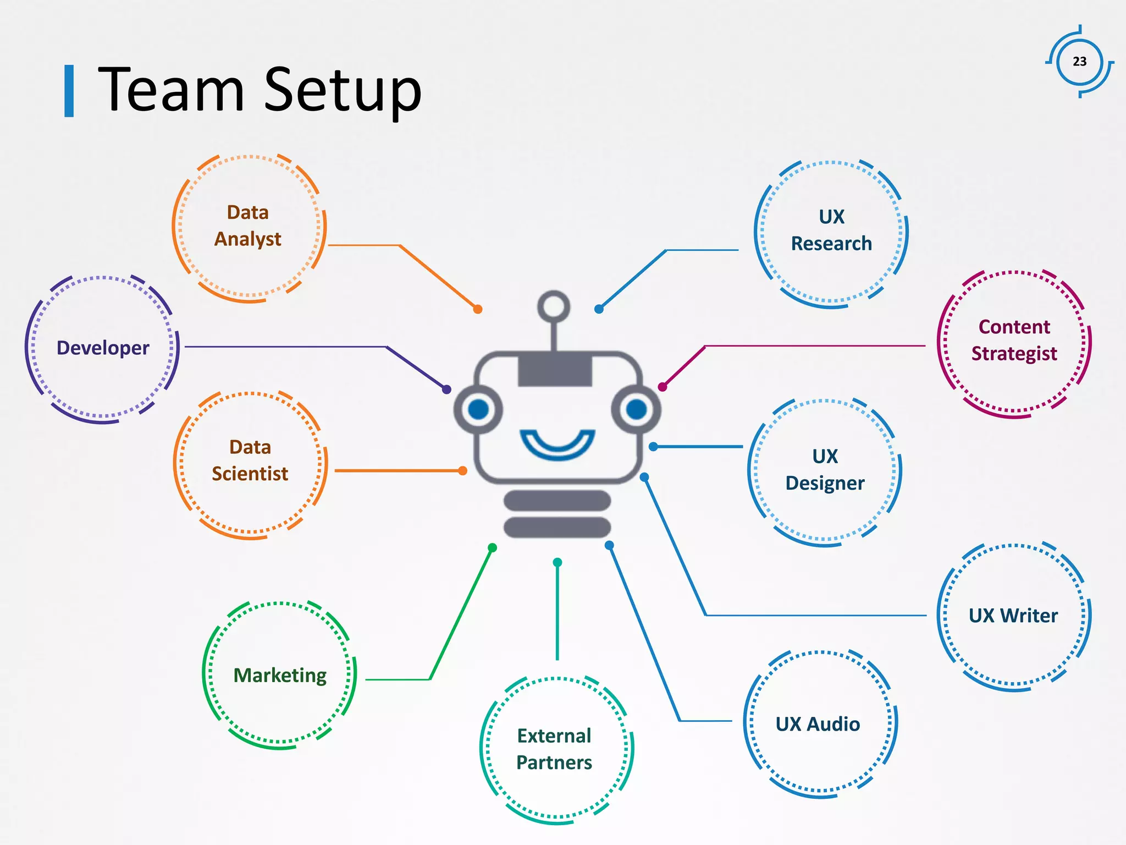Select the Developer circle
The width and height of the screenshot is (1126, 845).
(103, 348)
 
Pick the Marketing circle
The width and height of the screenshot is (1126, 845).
(279, 675)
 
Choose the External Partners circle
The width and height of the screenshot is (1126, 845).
(555, 749)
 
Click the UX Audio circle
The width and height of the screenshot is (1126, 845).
(819, 724)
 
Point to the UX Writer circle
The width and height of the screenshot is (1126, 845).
(1013, 616)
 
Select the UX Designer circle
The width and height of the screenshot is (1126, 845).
(825, 470)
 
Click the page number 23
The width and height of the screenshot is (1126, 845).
(1079, 62)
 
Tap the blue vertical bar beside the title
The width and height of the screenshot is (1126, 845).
(69, 91)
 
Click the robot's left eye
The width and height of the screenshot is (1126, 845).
(478, 409)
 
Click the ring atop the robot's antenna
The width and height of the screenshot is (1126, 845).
(554, 306)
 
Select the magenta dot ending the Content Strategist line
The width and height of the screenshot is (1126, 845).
(663, 387)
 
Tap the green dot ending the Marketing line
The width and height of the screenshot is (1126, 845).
(493, 547)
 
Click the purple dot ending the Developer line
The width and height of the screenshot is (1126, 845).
(446, 389)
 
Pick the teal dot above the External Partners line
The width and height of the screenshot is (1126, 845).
(558, 562)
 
